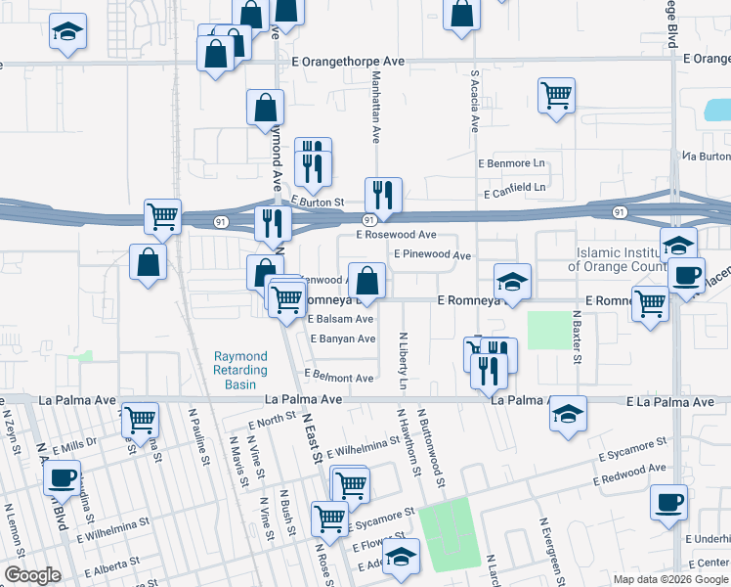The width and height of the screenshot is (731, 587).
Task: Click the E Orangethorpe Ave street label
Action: pyautogui.click(x=349, y=61)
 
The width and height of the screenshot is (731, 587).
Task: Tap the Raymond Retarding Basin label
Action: pyautogui.click(x=240, y=371)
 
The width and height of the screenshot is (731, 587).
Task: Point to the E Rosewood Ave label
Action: pyautogui.click(x=396, y=235)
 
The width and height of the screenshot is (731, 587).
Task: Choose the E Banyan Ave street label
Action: pyautogui.click(x=342, y=339)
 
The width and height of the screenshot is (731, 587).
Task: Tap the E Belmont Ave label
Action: pyautogui.click(x=339, y=378)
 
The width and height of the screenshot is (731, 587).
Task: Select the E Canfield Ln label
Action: pyautogui.click(x=511, y=186)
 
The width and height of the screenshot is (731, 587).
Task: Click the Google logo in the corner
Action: pyautogui.click(x=33, y=575)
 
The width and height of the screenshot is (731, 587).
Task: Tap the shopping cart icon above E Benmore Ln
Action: pyautogui.click(x=556, y=96)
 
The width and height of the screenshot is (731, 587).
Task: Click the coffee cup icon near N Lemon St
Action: pyautogui.click(x=63, y=478)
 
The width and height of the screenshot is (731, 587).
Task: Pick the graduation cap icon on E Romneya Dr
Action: pyautogui.click(x=512, y=281)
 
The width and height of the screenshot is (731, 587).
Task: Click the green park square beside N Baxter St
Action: pyautogui.click(x=547, y=331)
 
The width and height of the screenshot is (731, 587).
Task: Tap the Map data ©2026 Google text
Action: pyautogui.click(x=669, y=579)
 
